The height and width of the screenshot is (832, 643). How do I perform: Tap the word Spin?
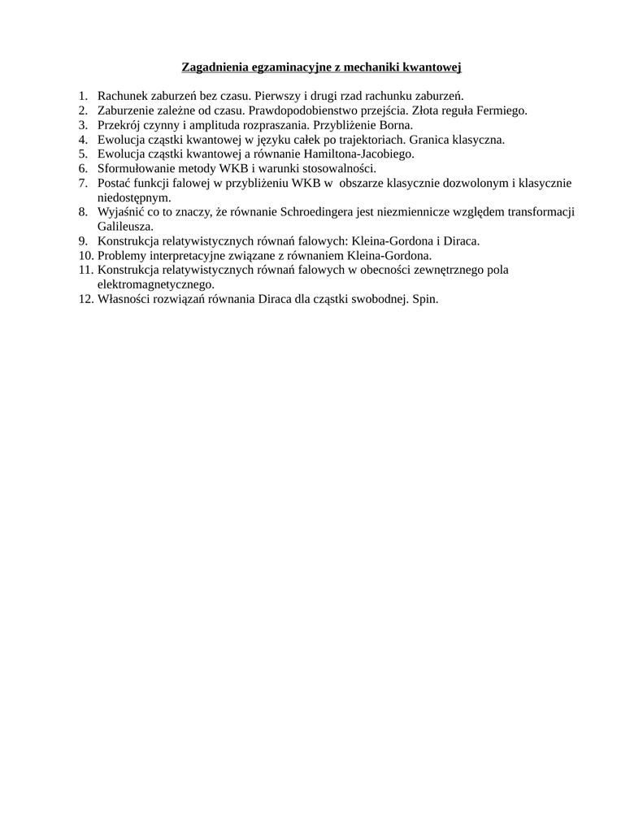425,299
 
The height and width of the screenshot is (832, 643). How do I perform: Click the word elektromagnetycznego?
155,284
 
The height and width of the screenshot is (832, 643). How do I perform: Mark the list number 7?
83,183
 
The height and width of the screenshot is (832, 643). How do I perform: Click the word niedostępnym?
134,197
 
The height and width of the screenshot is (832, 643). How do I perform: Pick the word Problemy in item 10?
123,255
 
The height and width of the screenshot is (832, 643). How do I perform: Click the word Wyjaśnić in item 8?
119,212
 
